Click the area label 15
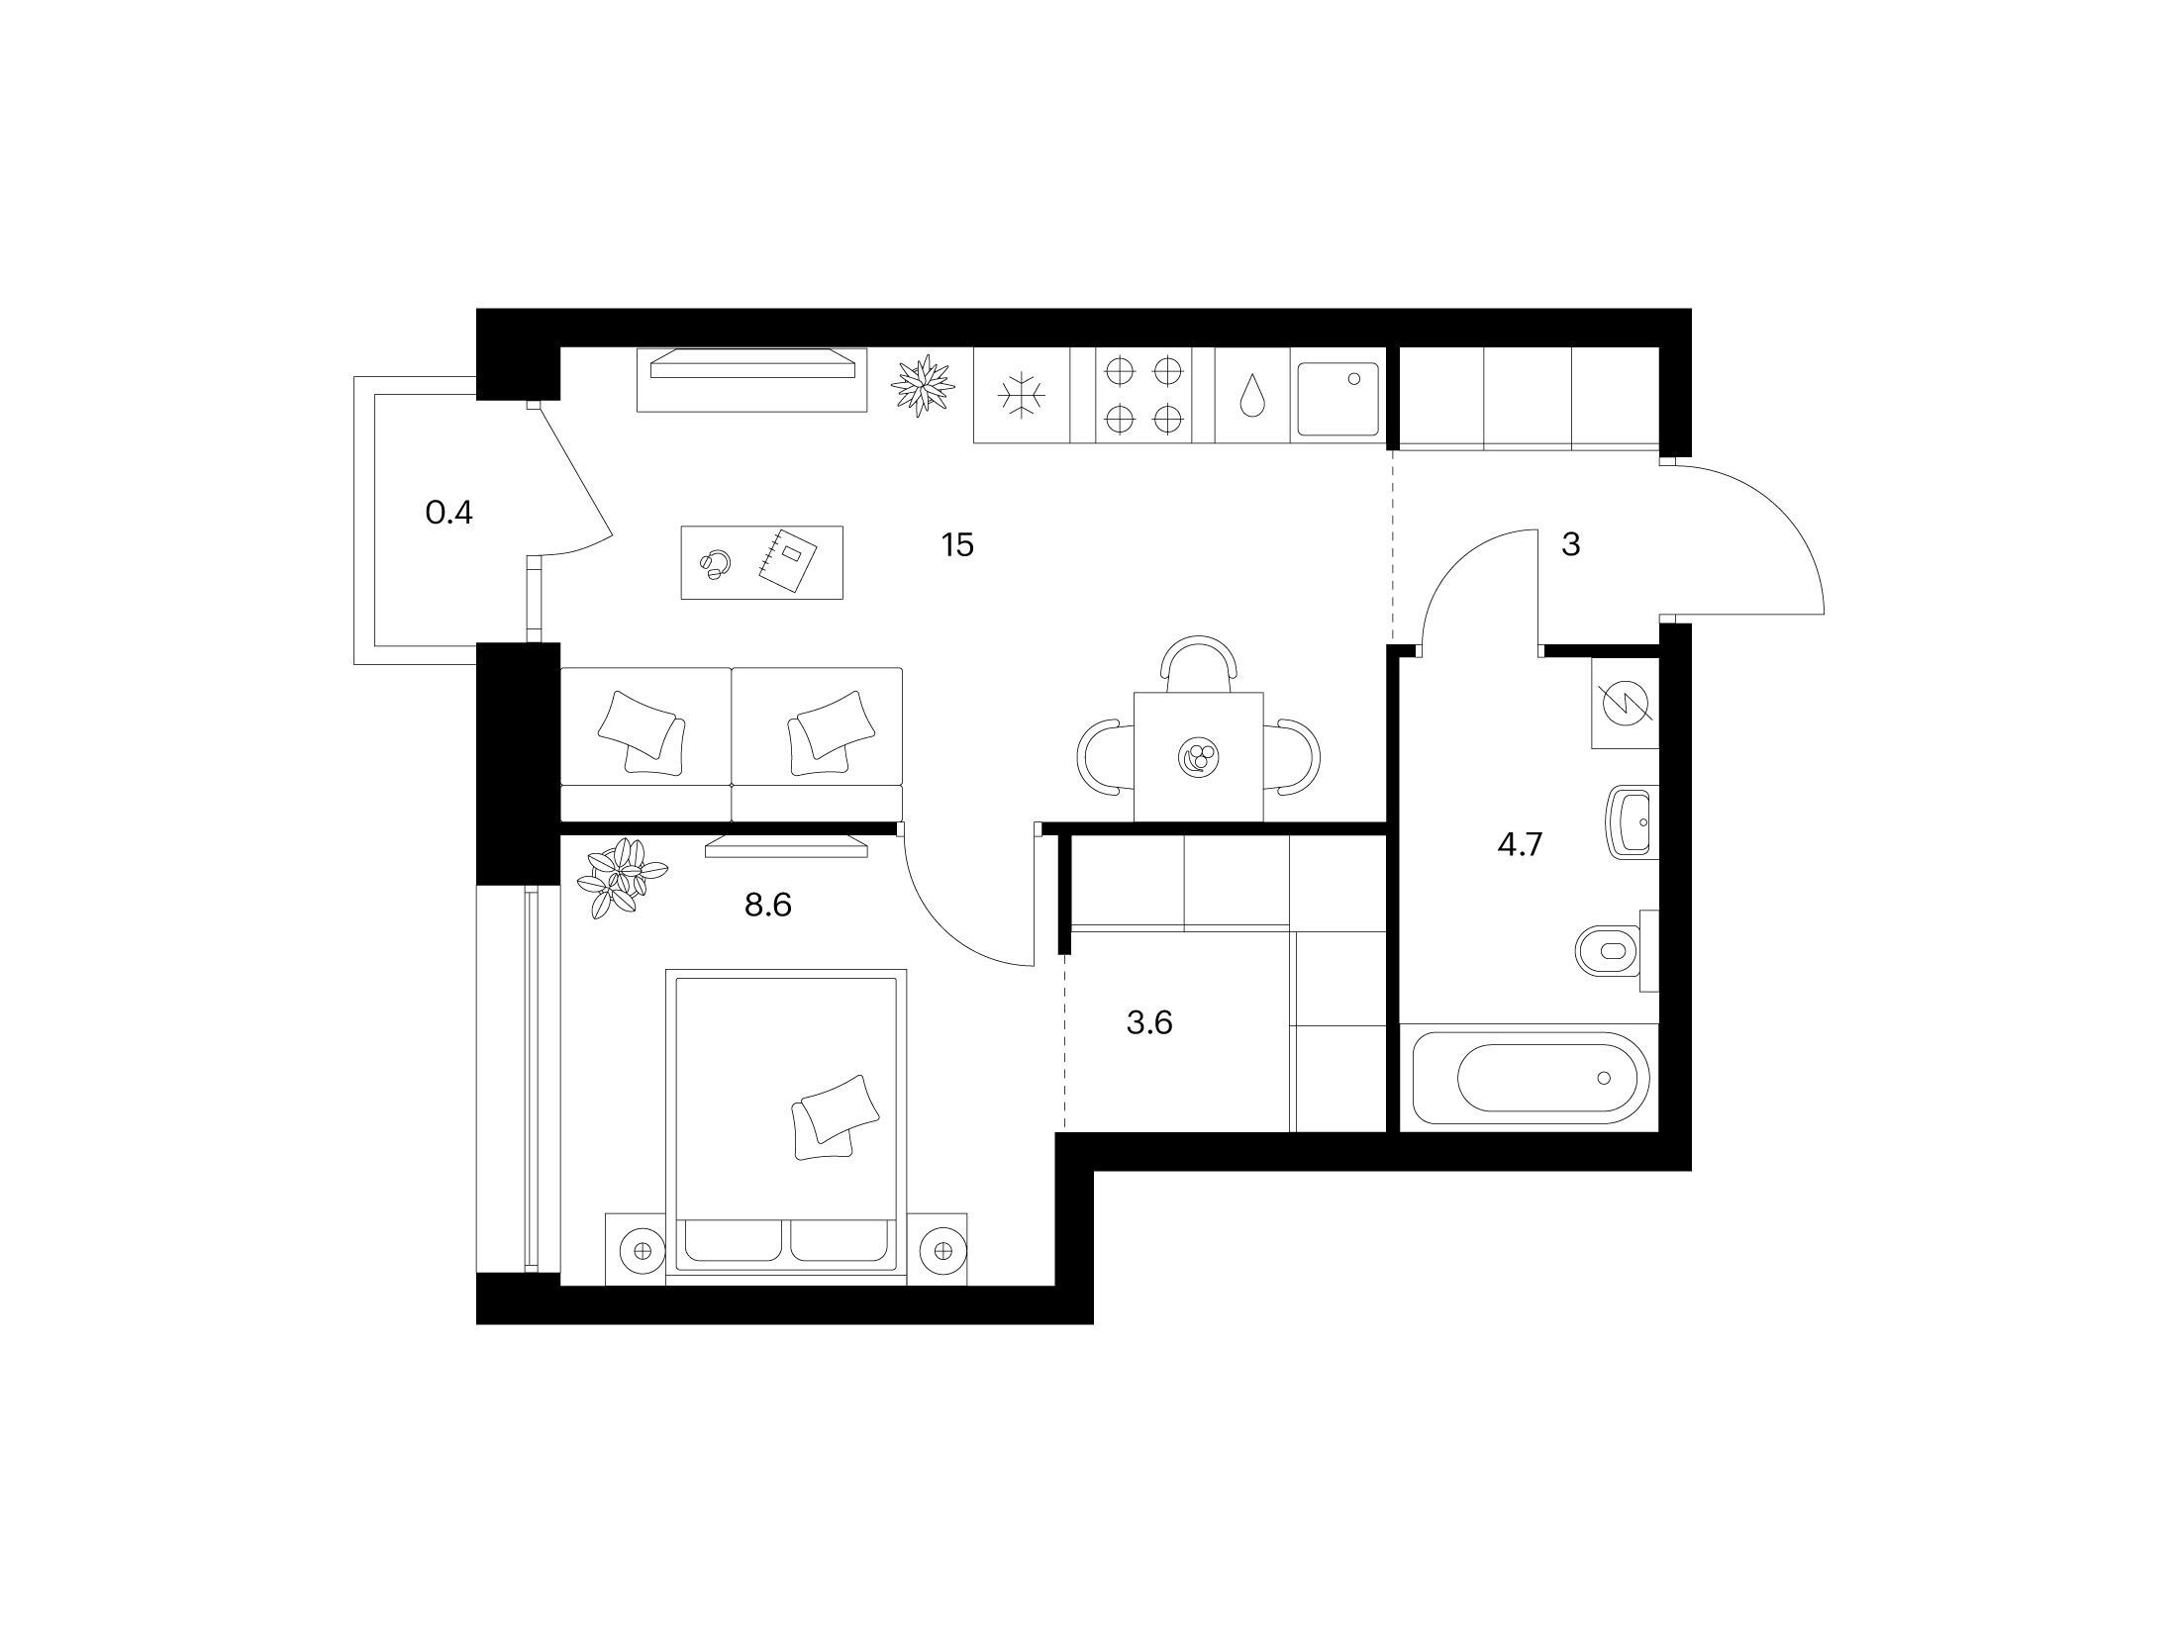tap(958, 544)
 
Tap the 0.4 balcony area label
tap(448, 513)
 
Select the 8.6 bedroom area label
tap(768, 905)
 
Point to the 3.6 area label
tap(1149, 1022)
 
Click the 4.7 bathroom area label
tap(1520, 845)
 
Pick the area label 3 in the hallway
tap(1571, 544)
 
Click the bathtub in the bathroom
tap(1531, 1078)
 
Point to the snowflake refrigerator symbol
tap(1022, 396)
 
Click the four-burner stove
tap(1143, 395)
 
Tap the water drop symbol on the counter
tap(1252, 395)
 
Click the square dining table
tap(1199, 757)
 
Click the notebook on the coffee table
tap(787, 562)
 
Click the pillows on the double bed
tap(835, 1116)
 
